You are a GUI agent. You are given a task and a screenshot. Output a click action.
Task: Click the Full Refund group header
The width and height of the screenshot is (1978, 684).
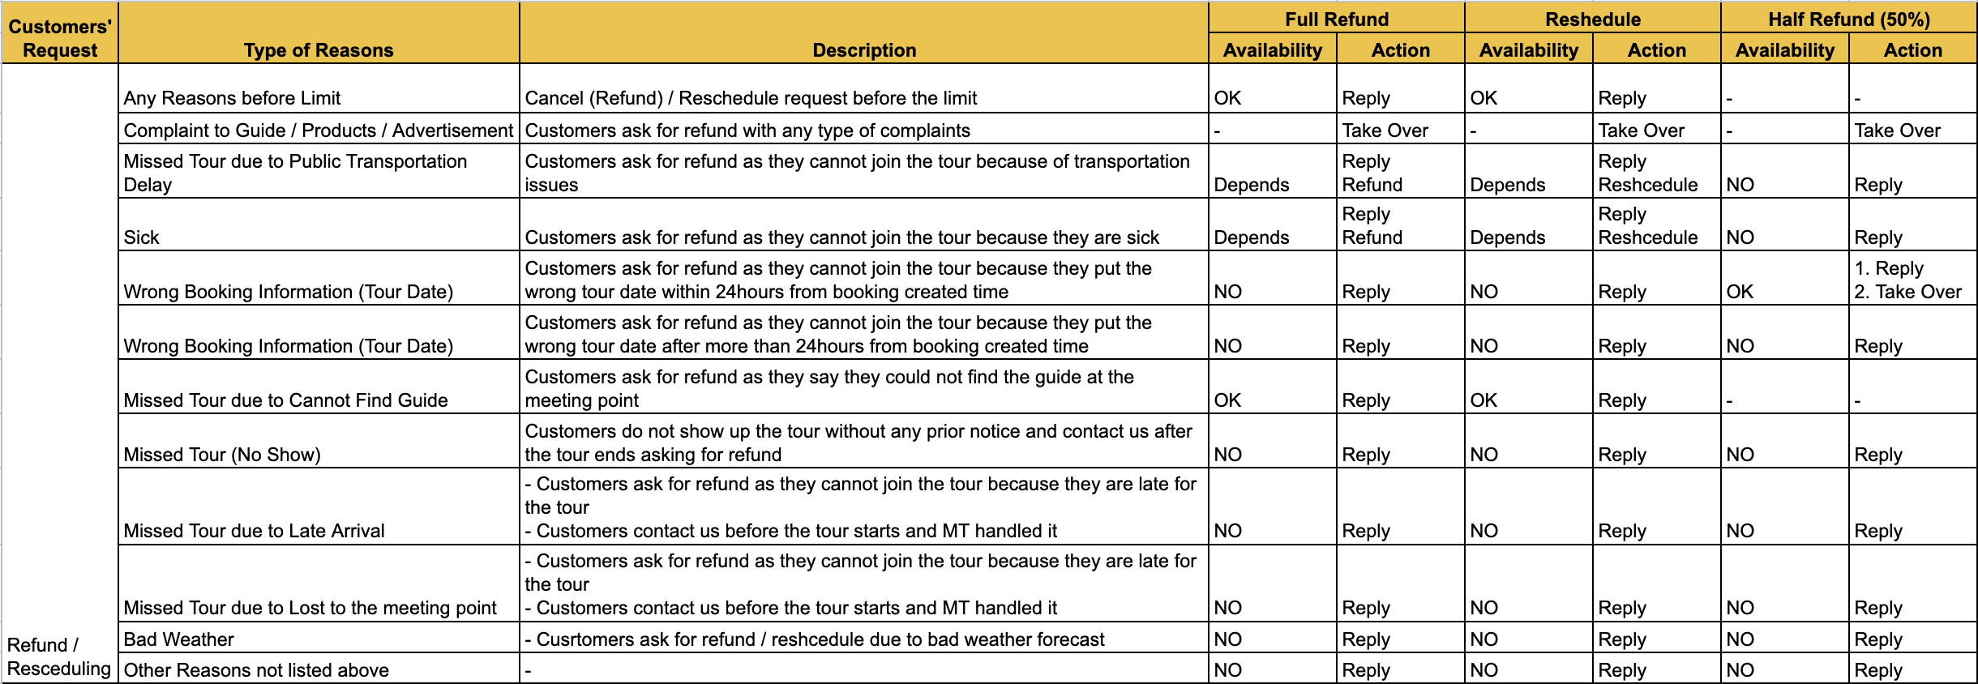coord(1336,19)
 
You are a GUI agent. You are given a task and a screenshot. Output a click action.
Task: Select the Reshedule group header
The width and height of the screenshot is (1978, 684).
coord(1592,19)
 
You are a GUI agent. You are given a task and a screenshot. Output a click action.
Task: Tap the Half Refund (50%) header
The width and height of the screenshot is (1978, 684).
coord(1848,19)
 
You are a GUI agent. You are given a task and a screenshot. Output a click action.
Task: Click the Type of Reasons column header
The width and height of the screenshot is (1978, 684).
coord(319,50)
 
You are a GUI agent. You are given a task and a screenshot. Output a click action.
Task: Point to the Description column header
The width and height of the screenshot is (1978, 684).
coord(864,50)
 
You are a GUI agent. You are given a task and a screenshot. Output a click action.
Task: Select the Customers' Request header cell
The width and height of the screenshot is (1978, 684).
coord(60,38)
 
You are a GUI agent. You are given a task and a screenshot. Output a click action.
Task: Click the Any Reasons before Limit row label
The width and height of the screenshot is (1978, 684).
coord(232,98)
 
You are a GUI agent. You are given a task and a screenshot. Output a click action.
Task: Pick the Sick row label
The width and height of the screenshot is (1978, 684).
coord(142,237)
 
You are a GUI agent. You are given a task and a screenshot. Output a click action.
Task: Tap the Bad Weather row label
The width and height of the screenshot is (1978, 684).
coord(179,639)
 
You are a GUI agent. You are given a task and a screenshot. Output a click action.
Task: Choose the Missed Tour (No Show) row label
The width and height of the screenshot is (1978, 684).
coord(222,455)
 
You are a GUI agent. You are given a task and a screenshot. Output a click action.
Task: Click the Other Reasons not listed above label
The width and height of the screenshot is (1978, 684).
coord(256,670)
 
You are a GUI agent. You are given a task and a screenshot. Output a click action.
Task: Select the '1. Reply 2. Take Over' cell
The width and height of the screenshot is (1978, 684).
coord(1907,280)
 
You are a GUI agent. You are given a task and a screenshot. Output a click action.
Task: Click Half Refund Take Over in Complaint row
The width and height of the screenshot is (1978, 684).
coord(1897,130)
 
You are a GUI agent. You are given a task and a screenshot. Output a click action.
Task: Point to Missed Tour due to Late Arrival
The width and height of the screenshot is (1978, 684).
coord(254,531)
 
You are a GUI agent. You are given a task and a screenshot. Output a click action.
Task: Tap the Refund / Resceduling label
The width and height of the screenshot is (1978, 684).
coord(58,656)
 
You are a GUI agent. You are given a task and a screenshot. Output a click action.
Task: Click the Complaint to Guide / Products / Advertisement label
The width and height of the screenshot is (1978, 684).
coord(318,130)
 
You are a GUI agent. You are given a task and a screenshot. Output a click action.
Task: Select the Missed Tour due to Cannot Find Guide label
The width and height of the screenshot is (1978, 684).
coord(285,400)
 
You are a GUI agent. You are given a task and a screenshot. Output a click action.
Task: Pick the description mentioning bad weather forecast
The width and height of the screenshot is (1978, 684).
coord(815,639)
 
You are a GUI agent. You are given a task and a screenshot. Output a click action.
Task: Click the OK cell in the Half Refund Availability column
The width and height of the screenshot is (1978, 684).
coord(1740,292)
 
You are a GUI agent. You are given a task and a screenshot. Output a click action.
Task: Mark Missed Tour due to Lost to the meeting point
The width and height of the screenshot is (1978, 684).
coord(310,608)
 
